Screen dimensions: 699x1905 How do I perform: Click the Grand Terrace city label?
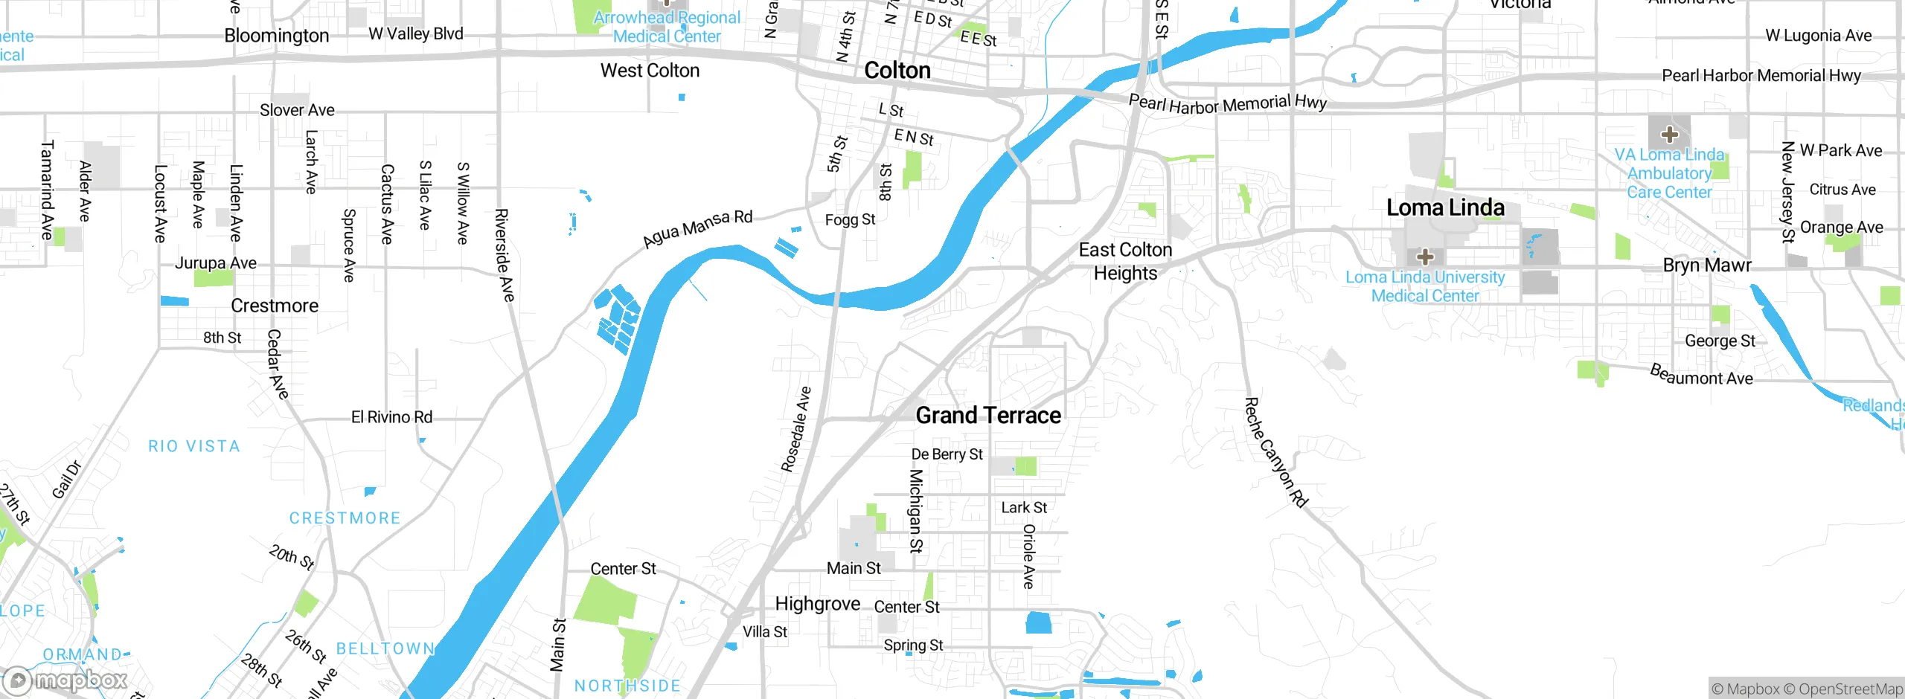pyautogui.click(x=988, y=415)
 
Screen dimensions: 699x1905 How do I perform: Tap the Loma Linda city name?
pyautogui.click(x=1445, y=207)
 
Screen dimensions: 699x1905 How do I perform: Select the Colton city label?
pyautogui.click(x=897, y=71)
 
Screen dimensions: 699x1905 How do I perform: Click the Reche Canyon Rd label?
pyautogui.click(x=1275, y=453)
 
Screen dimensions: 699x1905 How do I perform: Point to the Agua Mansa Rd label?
pyautogui.click(x=698, y=228)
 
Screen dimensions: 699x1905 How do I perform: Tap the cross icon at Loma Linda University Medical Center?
pyautogui.click(x=1425, y=257)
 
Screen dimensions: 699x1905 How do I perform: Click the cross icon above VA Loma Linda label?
pyautogui.click(x=1669, y=135)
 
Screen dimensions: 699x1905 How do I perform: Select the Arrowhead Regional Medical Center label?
pyautogui.click(x=667, y=27)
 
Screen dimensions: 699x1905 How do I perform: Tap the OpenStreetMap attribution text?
pyautogui.click(x=1850, y=689)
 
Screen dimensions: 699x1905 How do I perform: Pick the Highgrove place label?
pyautogui.click(x=817, y=604)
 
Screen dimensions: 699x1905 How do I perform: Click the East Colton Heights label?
pyautogui.click(x=1125, y=261)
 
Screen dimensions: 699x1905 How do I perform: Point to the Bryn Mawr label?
pyautogui.click(x=1707, y=265)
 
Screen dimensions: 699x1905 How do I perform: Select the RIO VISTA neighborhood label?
pyautogui.click(x=194, y=446)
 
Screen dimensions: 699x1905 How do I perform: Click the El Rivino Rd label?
pyautogui.click(x=391, y=417)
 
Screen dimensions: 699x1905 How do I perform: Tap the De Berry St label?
pyautogui.click(x=947, y=454)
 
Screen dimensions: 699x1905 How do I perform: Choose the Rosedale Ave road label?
pyautogui.click(x=795, y=430)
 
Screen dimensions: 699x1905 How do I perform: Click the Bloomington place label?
pyautogui.click(x=276, y=36)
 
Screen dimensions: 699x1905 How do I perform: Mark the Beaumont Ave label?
pyautogui.click(x=1701, y=375)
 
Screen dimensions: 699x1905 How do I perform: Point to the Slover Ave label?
pyautogui.click(x=297, y=110)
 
